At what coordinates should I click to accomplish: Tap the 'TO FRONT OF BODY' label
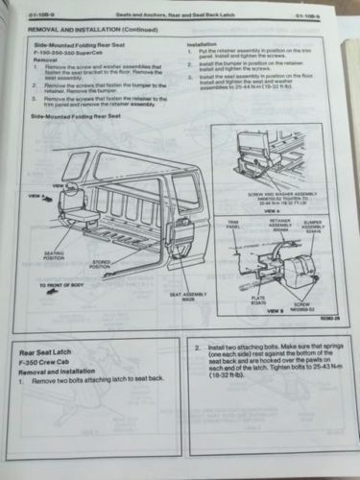click(66, 286)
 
